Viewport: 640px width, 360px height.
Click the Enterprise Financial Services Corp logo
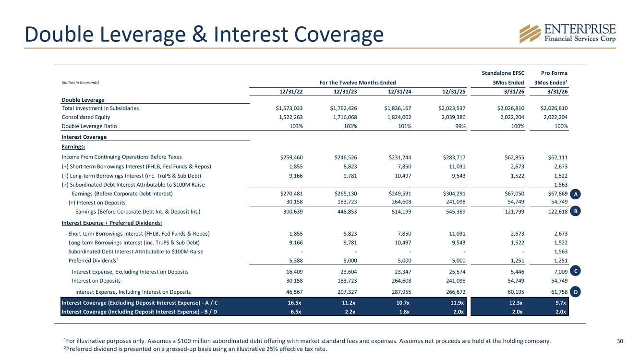tap(568, 34)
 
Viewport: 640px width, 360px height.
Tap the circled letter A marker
tap(575, 194)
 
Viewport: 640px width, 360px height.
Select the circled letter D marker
tap(575, 292)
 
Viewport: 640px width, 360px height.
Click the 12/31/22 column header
tap(291, 91)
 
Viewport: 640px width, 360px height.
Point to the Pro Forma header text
tap(554, 73)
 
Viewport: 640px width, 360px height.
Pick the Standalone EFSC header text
tap(503, 73)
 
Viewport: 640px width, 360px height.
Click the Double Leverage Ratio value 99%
tap(460, 126)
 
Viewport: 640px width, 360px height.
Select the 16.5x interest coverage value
tap(294, 303)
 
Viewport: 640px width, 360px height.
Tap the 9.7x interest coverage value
tap(561, 303)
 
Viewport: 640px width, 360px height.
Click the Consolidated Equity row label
tap(86, 117)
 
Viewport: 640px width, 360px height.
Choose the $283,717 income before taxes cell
tap(454, 157)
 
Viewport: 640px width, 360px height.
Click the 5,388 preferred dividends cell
tap(296, 261)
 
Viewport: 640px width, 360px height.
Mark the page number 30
tap(620, 341)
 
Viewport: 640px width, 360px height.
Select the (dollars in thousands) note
tap(80, 83)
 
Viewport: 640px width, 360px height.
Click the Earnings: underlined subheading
tap(73, 147)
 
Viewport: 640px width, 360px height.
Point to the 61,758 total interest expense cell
tap(559, 292)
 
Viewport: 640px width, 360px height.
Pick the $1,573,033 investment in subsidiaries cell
tap(289, 108)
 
